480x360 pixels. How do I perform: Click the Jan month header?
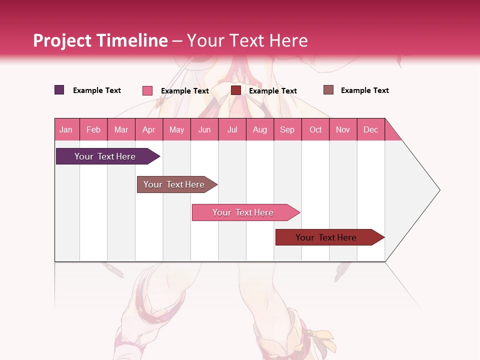click(x=66, y=129)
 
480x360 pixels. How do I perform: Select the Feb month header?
click(x=93, y=129)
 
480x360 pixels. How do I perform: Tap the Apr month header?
click(x=149, y=129)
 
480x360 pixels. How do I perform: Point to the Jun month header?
click(x=204, y=129)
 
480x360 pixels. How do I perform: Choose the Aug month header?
click(x=260, y=129)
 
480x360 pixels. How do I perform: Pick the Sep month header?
click(x=287, y=129)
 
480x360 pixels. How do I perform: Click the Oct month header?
click(x=315, y=129)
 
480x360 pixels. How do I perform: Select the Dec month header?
click(x=371, y=129)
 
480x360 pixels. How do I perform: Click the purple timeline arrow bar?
click(x=105, y=156)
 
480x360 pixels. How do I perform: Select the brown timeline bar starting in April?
click(x=174, y=184)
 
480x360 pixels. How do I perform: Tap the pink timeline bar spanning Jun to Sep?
click(x=243, y=212)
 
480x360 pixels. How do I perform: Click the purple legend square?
click(x=59, y=90)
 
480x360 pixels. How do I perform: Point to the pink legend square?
click(x=147, y=90)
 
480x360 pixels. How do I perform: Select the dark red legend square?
click(x=236, y=90)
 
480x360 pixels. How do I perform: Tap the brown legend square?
click(x=328, y=90)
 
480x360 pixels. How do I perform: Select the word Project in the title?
click(x=62, y=40)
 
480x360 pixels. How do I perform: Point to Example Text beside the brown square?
click(x=365, y=90)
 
